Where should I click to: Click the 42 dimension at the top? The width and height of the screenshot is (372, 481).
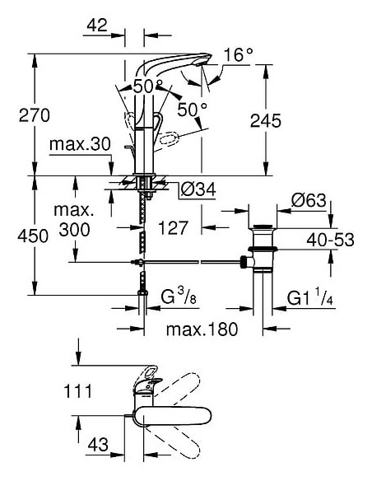click(x=97, y=25)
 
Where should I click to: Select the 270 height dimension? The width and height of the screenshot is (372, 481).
click(x=34, y=115)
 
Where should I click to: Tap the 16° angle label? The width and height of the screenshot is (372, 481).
click(x=239, y=54)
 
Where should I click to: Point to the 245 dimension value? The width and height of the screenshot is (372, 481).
click(x=265, y=120)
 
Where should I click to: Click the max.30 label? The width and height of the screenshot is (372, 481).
click(x=80, y=144)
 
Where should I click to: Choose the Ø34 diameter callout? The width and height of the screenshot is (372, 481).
click(x=198, y=189)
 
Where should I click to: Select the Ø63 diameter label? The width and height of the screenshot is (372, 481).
click(x=309, y=200)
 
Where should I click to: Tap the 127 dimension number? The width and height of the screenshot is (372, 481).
click(x=173, y=228)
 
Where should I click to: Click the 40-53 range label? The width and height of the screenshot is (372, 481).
click(x=330, y=240)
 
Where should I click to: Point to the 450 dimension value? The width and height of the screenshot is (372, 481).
click(x=33, y=236)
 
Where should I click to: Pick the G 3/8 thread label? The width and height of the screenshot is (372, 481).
click(x=179, y=297)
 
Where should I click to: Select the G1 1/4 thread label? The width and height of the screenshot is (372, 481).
click(x=309, y=297)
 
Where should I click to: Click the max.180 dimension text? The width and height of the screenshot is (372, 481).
click(x=202, y=329)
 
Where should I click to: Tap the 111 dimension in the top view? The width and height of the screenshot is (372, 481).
click(x=78, y=391)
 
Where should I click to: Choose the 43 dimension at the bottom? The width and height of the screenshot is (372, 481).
click(x=98, y=444)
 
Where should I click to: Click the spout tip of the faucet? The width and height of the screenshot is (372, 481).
click(x=202, y=63)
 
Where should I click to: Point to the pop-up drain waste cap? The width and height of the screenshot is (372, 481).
click(x=263, y=227)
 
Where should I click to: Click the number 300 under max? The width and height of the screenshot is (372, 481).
click(x=74, y=230)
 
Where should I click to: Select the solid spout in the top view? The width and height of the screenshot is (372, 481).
click(x=173, y=417)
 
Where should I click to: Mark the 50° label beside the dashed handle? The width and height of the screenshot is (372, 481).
click(x=193, y=109)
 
